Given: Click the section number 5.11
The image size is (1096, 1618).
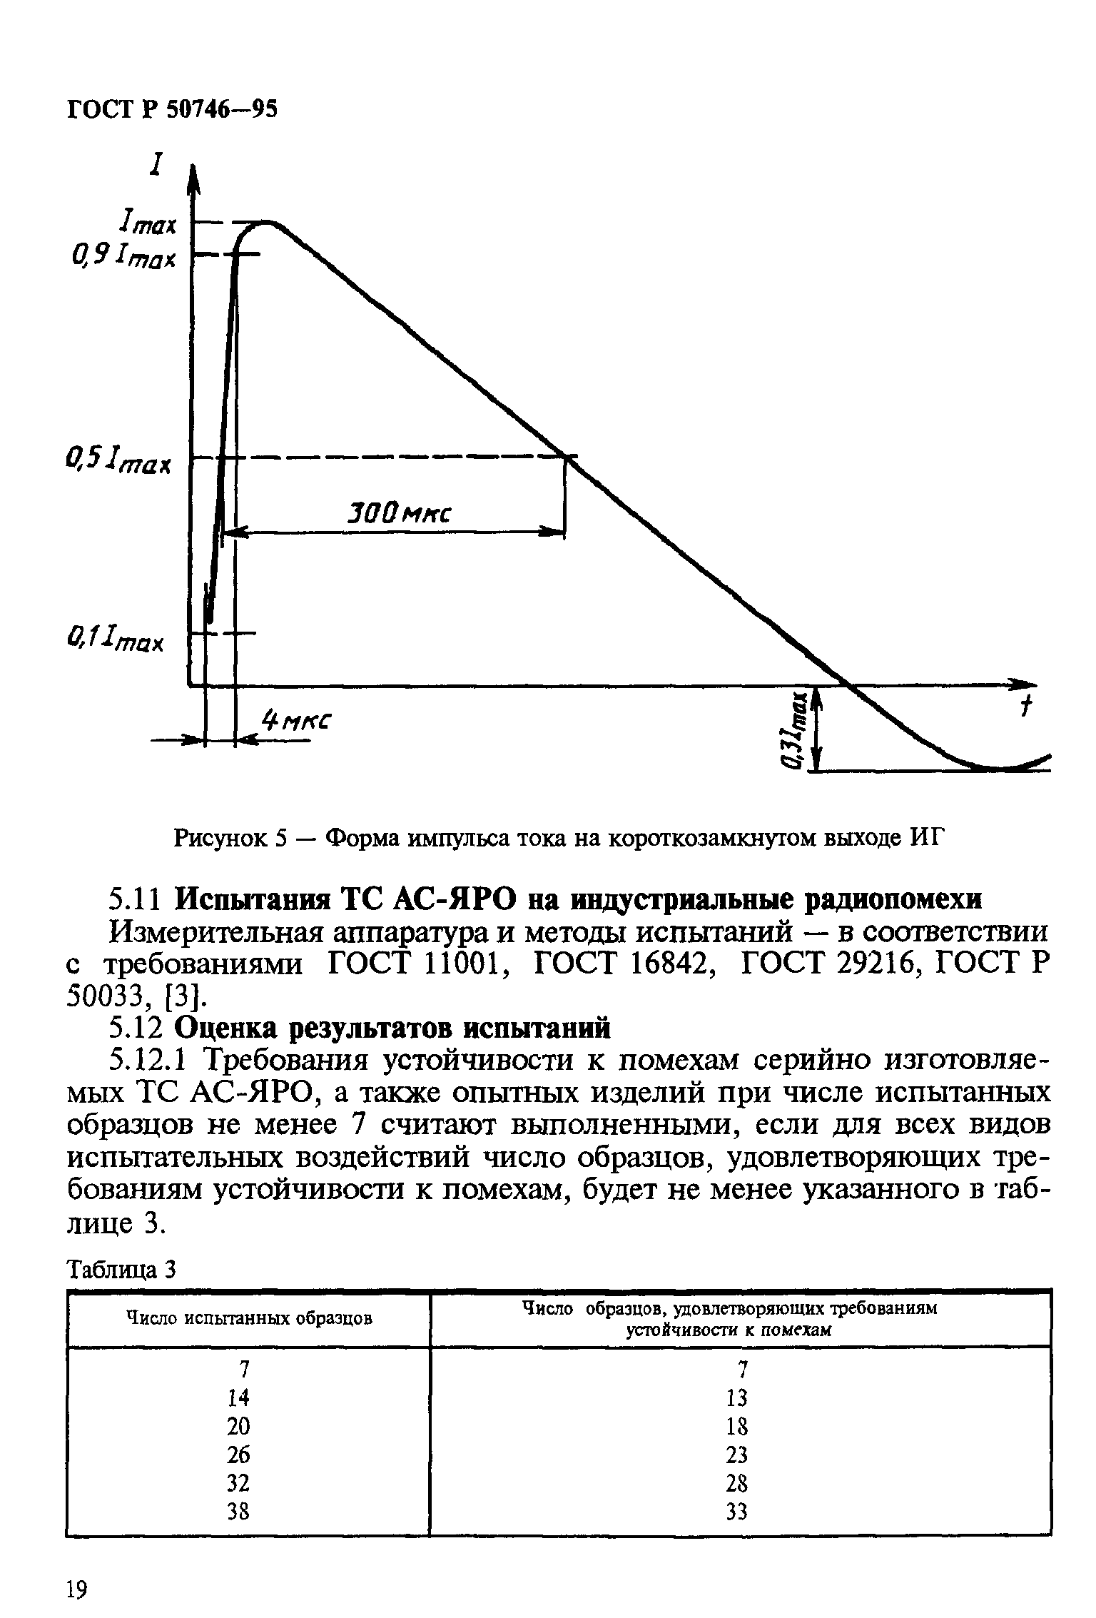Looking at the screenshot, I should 136,899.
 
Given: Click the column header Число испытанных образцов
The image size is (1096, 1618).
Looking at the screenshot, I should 249,1318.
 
